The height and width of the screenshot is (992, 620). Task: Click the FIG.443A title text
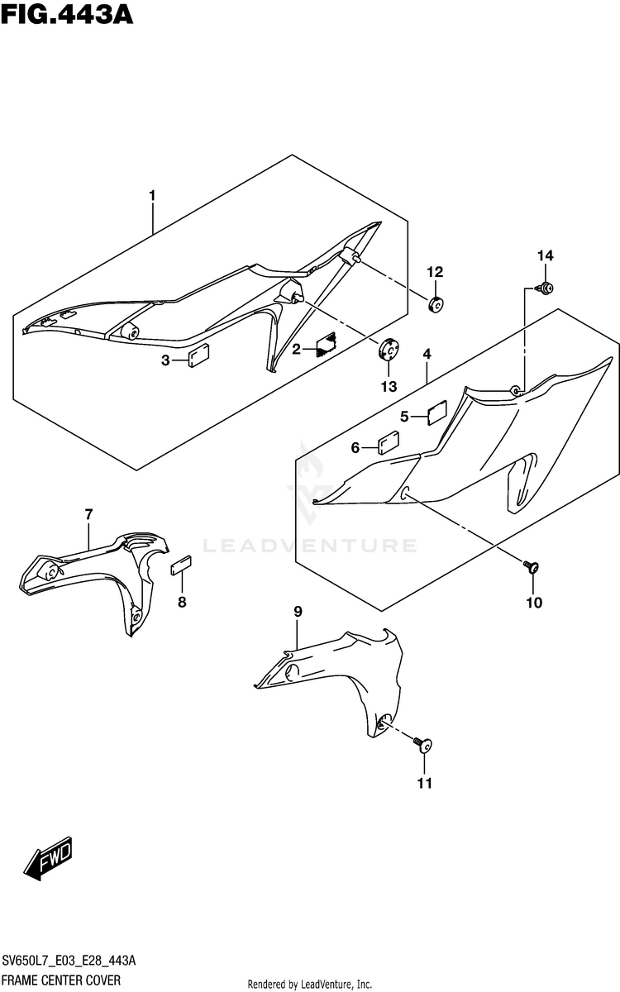point(67,14)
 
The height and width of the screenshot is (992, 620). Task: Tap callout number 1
point(152,195)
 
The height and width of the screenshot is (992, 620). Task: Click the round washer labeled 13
point(388,349)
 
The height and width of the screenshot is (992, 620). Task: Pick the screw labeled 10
point(532,567)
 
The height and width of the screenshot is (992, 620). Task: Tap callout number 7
point(88,515)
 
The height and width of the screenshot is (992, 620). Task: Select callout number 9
point(298,611)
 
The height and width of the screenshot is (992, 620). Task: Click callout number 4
point(427,355)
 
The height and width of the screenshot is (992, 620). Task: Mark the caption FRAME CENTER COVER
point(60,980)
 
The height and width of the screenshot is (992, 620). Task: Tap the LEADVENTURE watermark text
point(309,546)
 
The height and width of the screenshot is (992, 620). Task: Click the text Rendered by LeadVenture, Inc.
point(310,984)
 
